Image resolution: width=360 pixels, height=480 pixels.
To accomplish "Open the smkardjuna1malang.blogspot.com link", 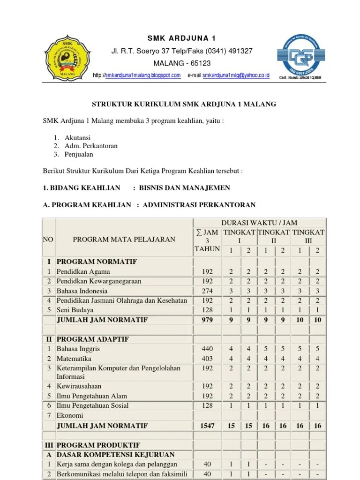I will click(143, 75).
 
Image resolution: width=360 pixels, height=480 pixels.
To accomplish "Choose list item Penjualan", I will click(79, 154).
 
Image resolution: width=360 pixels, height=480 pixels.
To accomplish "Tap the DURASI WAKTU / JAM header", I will click(260, 223).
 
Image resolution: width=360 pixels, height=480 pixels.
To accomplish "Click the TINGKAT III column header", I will click(308, 236).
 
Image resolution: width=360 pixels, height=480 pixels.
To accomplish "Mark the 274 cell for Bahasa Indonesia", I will click(207, 291).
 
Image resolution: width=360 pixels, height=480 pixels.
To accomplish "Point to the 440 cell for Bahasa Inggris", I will click(207, 349).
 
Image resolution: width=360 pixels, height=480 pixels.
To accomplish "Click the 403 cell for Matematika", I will click(207, 358).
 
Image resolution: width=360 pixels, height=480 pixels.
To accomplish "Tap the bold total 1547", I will click(207, 426).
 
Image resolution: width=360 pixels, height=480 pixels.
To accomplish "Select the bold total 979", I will click(207, 320).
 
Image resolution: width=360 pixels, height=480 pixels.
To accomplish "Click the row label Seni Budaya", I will click(75, 310).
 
